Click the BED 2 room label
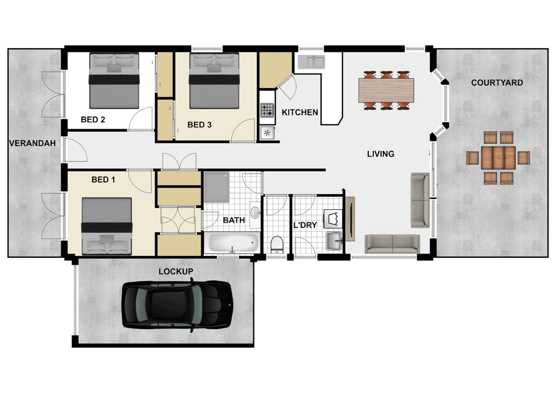coord(93,120)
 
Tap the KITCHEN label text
coord(300,112)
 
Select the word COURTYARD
coord(497,83)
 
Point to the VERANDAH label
coord(32,143)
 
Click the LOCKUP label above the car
coord(176,271)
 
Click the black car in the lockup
coord(177,305)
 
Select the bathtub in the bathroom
coord(232,242)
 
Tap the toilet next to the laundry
coord(277,244)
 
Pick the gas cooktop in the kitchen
coord(267,110)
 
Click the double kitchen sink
coord(311,62)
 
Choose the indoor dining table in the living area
coord(386,90)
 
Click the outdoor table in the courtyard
coord(498,158)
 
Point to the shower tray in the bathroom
coord(217,187)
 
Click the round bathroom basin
coord(255,213)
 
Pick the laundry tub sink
coord(334,241)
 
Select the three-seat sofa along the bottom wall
coord(392,243)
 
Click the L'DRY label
coord(305,225)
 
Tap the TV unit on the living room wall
coord(350,219)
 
